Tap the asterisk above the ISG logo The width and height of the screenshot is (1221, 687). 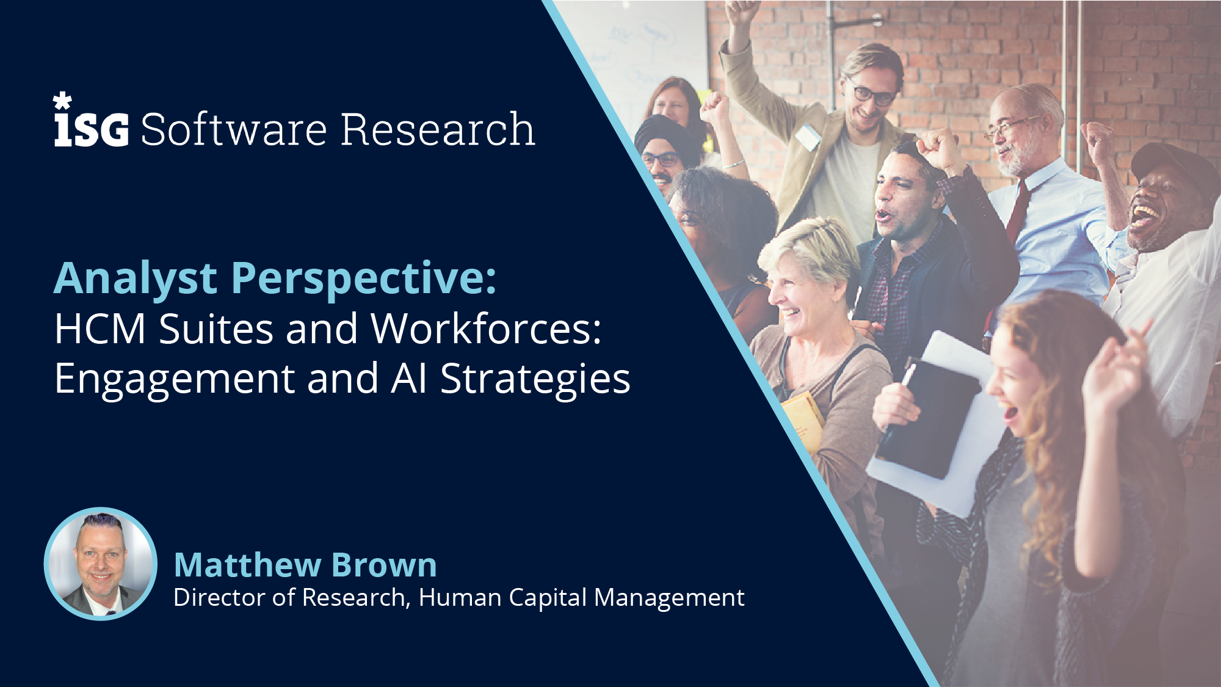[62, 101]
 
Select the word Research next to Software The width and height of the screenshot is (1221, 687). [438, 129]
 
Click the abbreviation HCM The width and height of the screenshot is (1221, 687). [100, 329]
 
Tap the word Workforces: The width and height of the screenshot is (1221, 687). [486, 329]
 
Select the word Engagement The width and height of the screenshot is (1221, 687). [175, 379]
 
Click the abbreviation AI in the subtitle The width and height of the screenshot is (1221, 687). [408, 379]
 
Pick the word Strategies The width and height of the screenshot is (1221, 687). [535, 379]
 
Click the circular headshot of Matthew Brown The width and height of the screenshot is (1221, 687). [101, 564]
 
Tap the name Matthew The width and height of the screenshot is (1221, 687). [248, 565]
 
